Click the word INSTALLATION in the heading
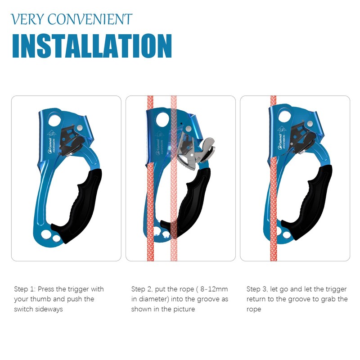pos(92,46)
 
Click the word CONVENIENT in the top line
pos(90,19)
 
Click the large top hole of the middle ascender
pos(162,120)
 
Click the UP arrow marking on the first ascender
pos(52,134)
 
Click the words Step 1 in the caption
pos(25,289)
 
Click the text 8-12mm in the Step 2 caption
pos(214,289)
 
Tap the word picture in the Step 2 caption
pos(184,309)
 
